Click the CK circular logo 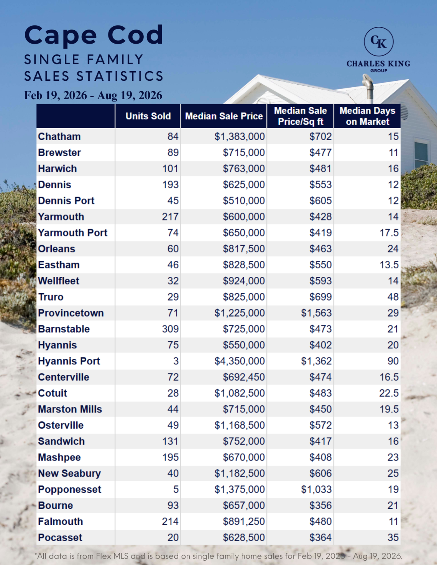click(x=378, y=42)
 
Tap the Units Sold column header click(x=148, y=116)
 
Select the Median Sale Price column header click(x=224, y=116)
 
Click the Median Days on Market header click(x=367, y=116)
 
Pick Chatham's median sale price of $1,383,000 click(x=240, y=137)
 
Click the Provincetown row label click(x=71, y=313)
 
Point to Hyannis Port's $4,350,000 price click(x=240, y=361)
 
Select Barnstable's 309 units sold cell click(x=170, y=329)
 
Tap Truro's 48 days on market click(x=393, y=297)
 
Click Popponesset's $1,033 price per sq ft click(x=316, y=489)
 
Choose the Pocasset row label click(x=60, y=537)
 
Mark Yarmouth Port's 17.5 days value click(x=389, y=233)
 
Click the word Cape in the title click(x=61, y=36)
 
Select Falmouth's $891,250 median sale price click(x=244, y=521)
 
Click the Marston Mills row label click(x=70, y=409)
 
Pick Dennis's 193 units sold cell click(x=170, y=185)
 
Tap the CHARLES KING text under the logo click(x=378, y=64)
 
